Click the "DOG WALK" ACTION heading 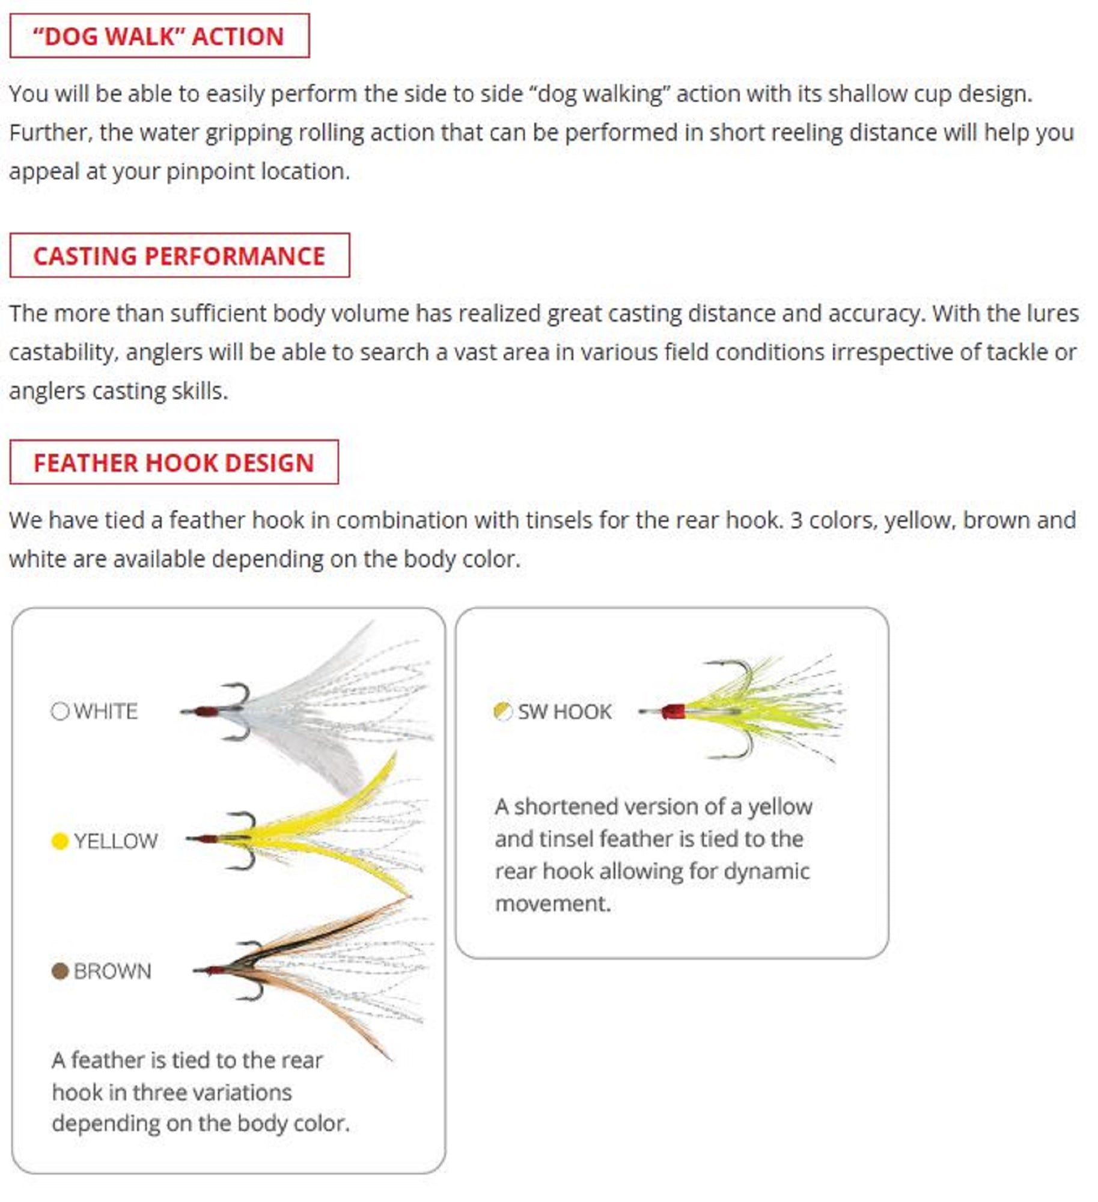159,36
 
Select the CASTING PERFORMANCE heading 179,256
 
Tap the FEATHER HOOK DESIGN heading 174,463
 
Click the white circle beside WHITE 60,712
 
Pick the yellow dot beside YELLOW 60,841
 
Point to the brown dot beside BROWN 60,971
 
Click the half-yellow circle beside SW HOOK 502,712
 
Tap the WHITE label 106,712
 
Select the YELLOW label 116,841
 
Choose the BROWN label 112,971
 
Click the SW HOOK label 564,712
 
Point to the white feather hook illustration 307,709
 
